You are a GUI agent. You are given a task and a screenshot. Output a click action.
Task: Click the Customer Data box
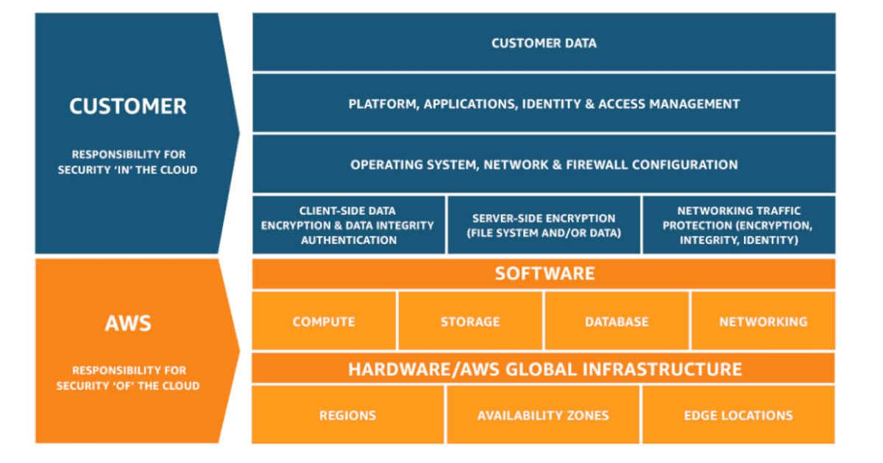coord(544,43)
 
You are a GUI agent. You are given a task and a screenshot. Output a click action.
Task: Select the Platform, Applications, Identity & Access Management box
coord(544,104)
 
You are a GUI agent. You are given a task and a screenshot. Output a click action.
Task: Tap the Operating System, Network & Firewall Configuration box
coord(544,164)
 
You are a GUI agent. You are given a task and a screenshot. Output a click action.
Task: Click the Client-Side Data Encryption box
coord(348,225)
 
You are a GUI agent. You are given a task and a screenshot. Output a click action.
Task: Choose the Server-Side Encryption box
coord(544,225)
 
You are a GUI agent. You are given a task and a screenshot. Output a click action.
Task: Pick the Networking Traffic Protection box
coord(739,225)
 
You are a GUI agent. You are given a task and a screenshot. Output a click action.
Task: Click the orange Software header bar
coord(544,274)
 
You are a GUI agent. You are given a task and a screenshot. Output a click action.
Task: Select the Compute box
coord(324,321)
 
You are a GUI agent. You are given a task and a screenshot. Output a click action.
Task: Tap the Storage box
coord(470,321)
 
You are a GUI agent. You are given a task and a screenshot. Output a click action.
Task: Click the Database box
coord(617,321)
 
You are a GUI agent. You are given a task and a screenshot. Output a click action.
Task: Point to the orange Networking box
coord(763,321)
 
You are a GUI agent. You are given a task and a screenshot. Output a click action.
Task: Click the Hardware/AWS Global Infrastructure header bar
coord(544,368)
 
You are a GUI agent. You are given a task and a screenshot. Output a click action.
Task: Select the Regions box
coord(348,415)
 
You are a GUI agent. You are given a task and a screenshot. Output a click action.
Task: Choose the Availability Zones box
coord(543,415)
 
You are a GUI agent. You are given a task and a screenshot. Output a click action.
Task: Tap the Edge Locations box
coord(738,415)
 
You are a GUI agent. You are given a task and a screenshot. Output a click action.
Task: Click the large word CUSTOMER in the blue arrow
coord(128,107)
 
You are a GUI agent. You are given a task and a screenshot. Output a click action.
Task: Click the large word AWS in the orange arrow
coord(128,323)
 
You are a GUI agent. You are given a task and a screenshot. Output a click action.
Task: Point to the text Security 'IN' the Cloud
coord(128,170)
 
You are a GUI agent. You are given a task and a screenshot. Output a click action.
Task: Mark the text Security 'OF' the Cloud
coord(128,386)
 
